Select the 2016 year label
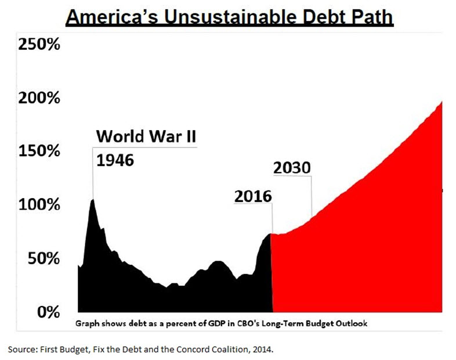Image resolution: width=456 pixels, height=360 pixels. (253, 196)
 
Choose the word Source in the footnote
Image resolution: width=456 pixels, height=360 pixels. (21, 348)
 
